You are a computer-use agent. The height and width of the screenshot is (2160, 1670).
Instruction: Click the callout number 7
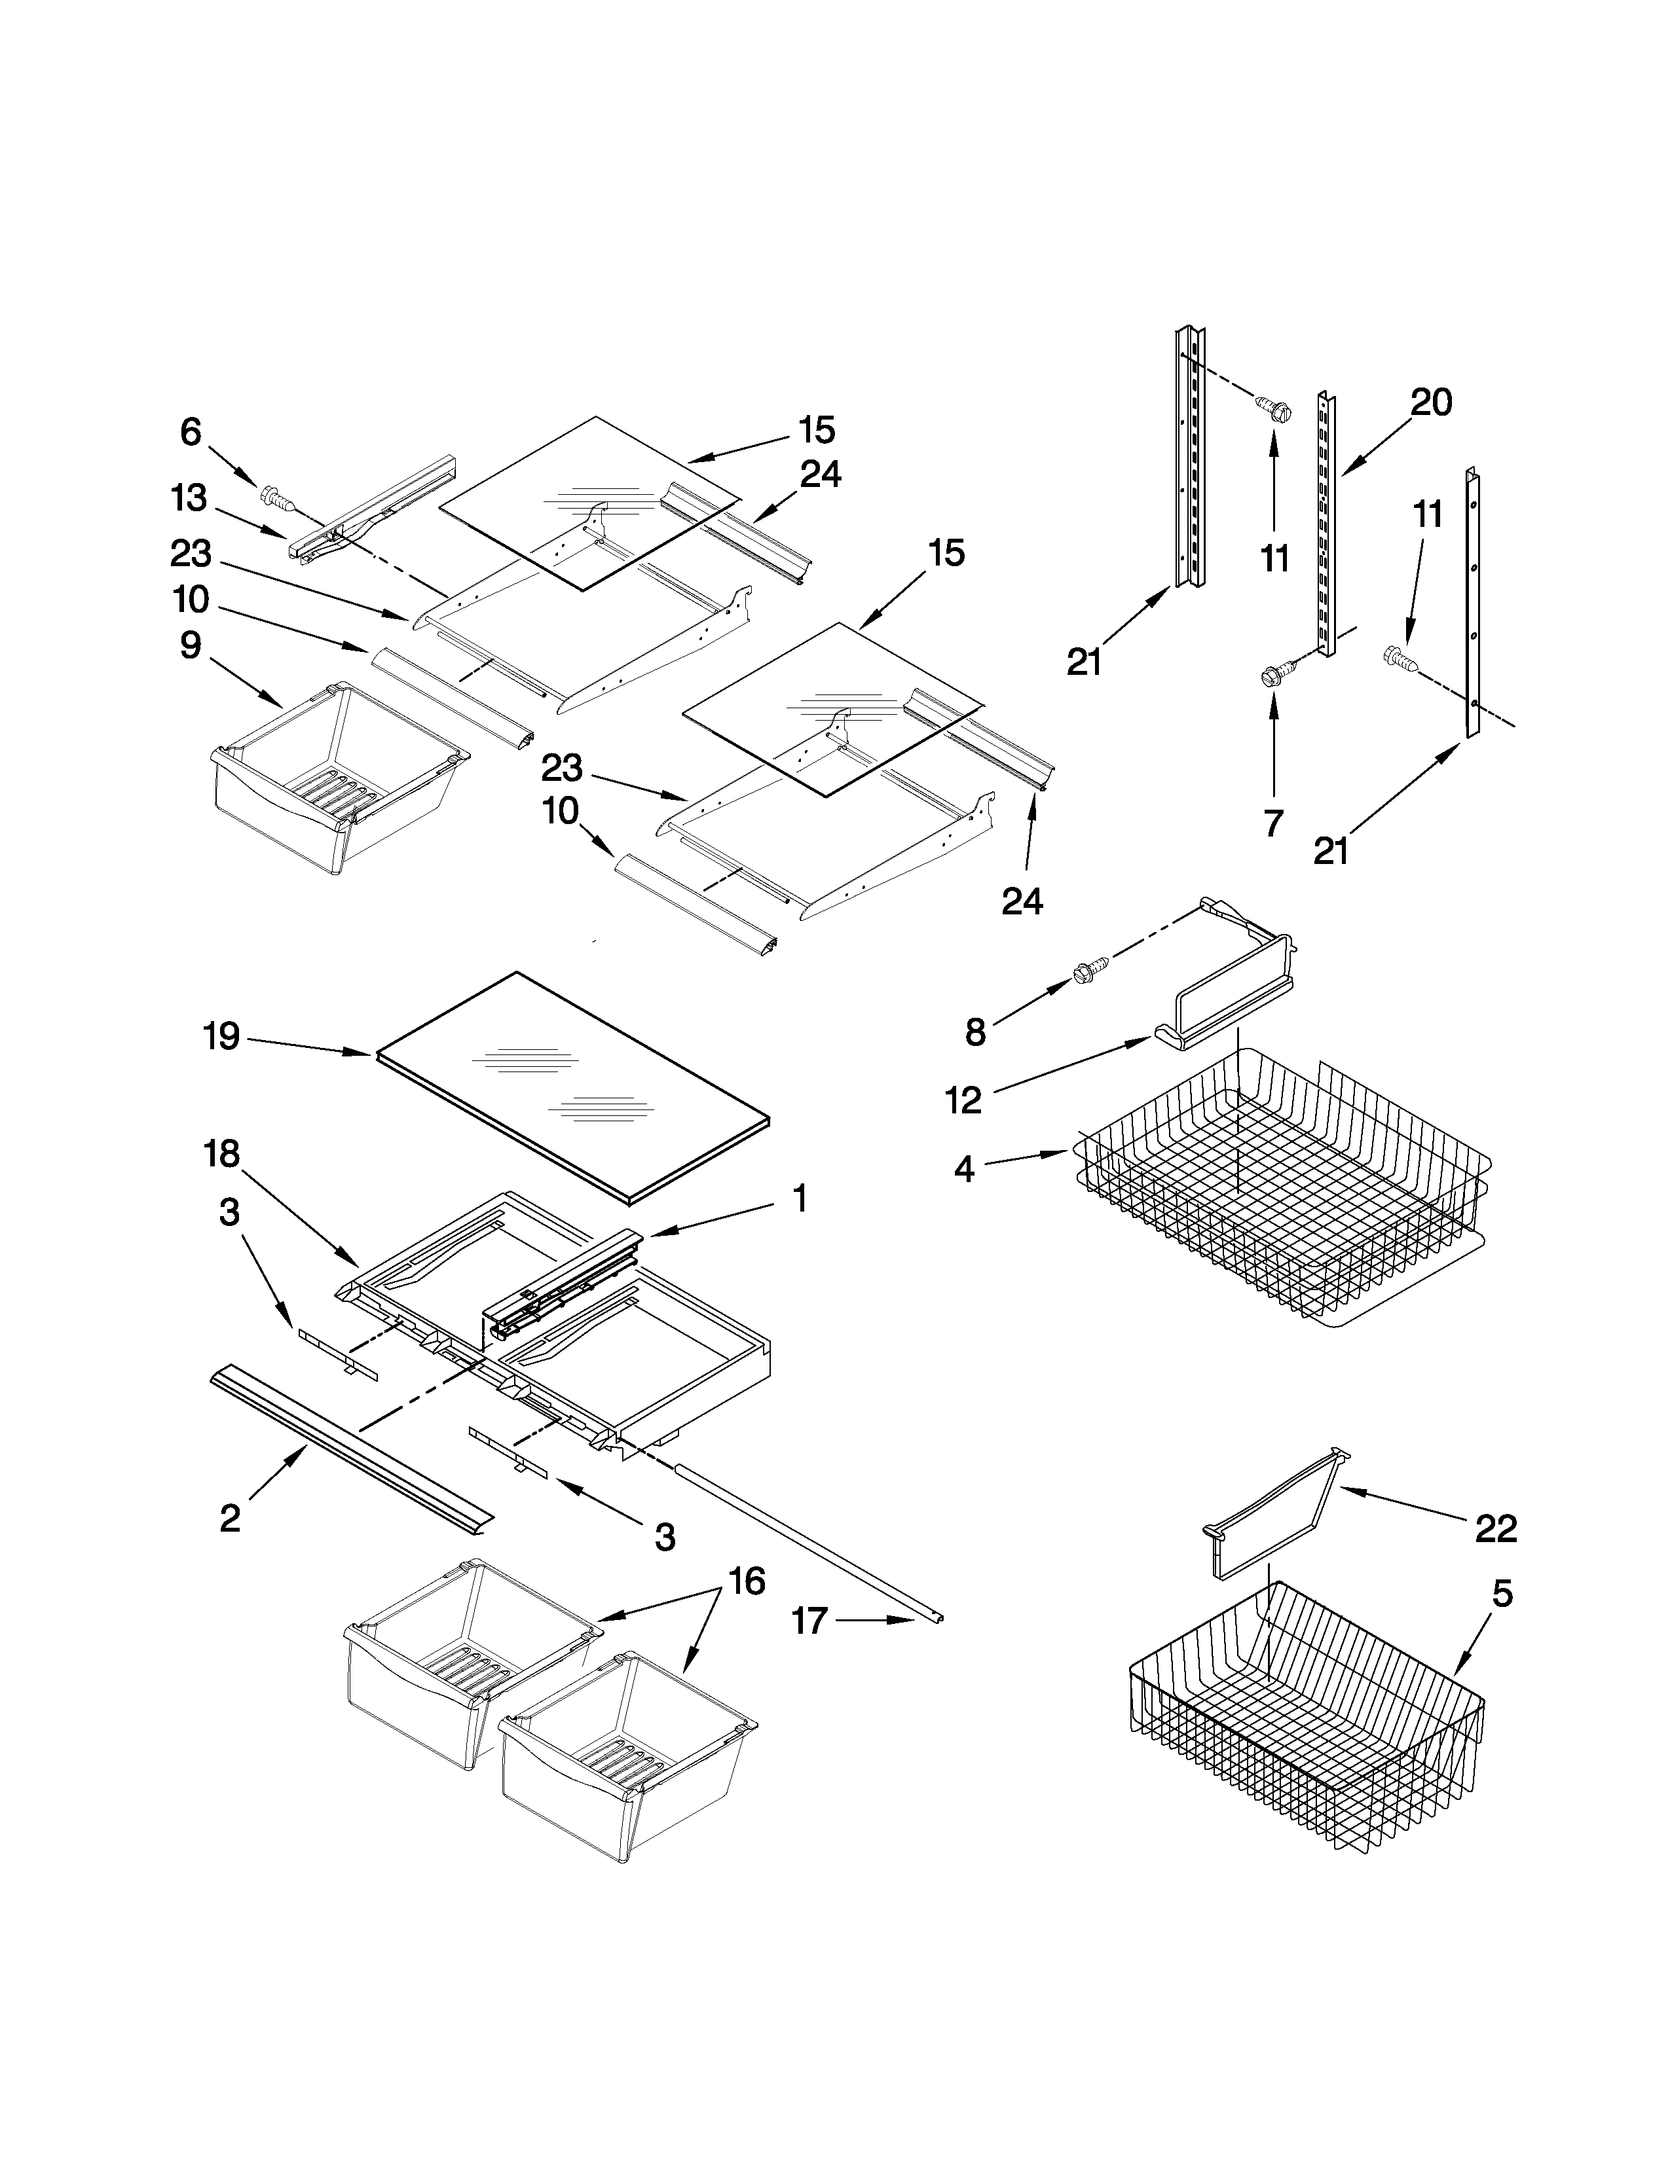1272,822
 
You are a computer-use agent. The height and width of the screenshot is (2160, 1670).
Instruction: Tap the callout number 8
976,1032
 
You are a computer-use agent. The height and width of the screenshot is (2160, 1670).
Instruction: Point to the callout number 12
963,1100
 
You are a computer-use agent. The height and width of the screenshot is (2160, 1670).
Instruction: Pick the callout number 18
221,1153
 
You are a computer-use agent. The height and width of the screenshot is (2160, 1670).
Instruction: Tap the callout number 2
229,1518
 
